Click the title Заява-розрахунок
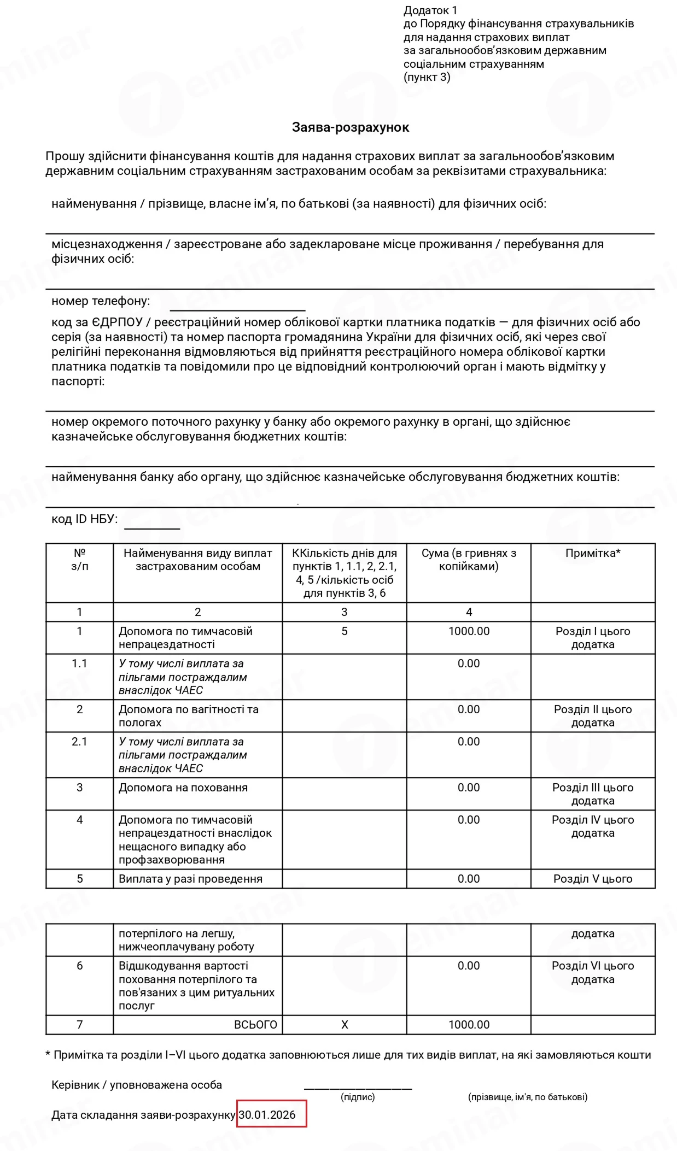[x=351, y=127]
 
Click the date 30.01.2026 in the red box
[x=267, y=1115]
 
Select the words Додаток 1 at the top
[x=430, y=10]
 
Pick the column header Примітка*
[x=593, y=553]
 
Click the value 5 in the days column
[x=345, y=631]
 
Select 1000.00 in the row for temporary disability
[x=469, y=631]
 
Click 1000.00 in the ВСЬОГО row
[x=469, y=1025]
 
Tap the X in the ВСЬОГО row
[x=345, y=1025]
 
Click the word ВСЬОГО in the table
[x=255, y=1025]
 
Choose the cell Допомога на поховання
[x=183, y=788]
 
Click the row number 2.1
[x=79, y=742]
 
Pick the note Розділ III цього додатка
[x=593, y=794]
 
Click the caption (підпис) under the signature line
[x=358, y=1097]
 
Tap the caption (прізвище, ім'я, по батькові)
[x=528, y=1097]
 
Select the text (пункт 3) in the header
[x=427, y=77]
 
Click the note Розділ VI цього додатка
[x=593, y=972]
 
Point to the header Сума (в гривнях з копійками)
[x=469, y=560]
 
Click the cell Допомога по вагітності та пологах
[x=189, y=716]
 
